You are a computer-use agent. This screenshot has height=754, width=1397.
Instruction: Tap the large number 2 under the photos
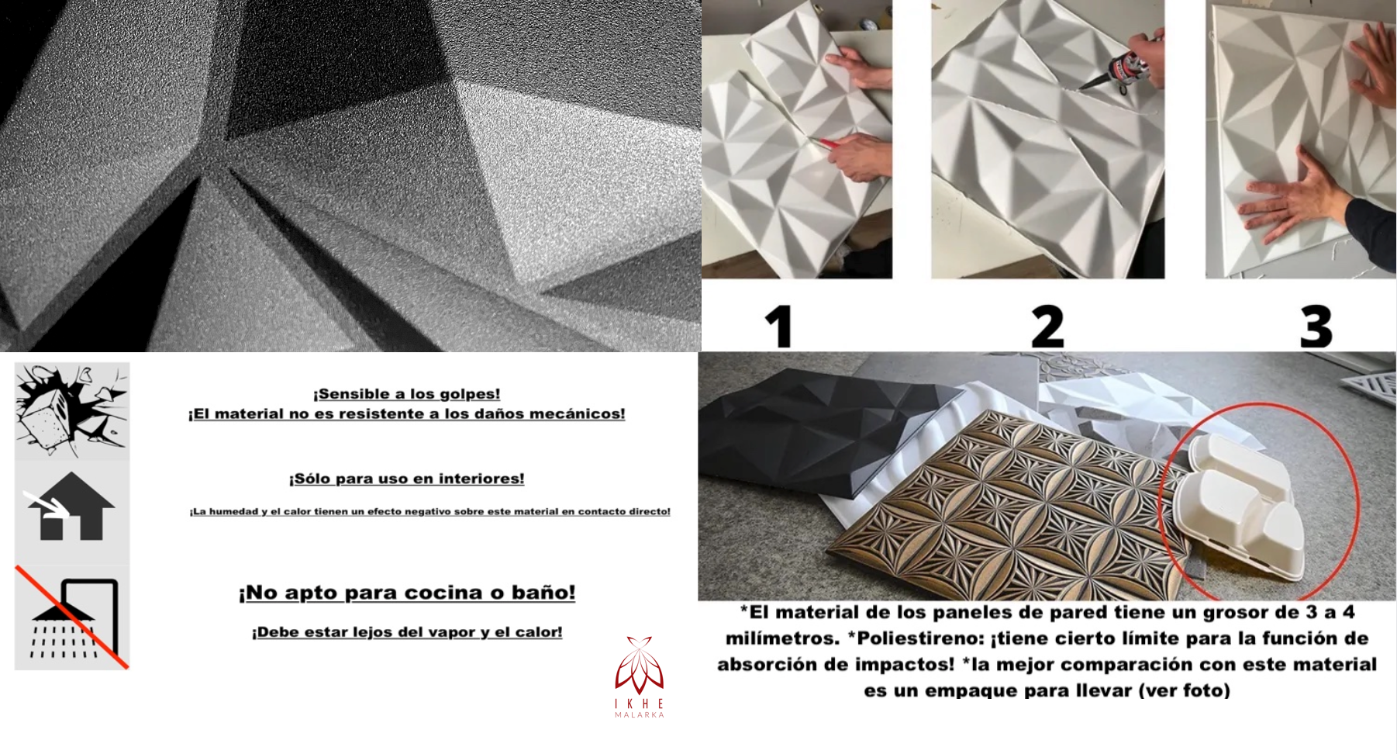tap(1047, 327)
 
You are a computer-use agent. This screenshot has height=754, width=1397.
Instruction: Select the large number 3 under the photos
tap(1316, 327)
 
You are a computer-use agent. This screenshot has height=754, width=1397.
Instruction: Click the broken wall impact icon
tap(71, 410)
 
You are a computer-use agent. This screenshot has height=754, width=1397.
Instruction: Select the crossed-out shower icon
tap(71, 618)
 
